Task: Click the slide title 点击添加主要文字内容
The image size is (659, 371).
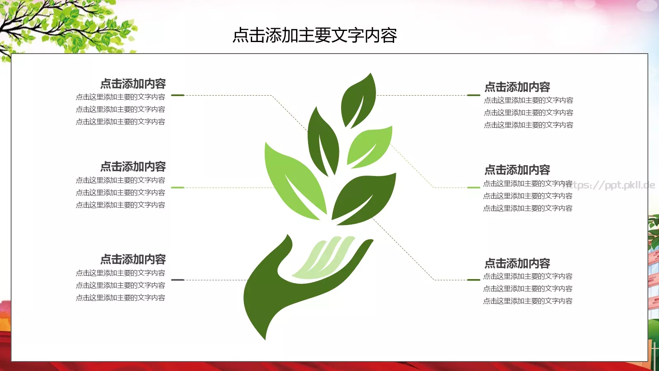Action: coord(315,35)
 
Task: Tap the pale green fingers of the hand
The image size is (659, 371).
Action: coord(325,258)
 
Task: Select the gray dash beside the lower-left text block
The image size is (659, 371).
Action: coord(178,280)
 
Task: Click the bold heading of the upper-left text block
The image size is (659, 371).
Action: coord(133,84)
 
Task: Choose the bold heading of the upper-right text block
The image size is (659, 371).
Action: coord(517,87)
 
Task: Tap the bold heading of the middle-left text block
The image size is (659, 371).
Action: coord(133,167)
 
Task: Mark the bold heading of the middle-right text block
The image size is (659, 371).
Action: coord(517,170)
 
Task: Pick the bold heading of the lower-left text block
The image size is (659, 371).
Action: coord(133,259)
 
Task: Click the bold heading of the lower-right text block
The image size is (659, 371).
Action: coord(517,263)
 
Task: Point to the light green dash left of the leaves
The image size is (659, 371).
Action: coord(178,188)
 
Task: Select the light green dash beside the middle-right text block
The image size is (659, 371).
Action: coord(474,188)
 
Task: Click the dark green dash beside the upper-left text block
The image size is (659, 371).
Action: coord(178,95)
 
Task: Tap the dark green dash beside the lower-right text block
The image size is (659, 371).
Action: coord(474,280)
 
